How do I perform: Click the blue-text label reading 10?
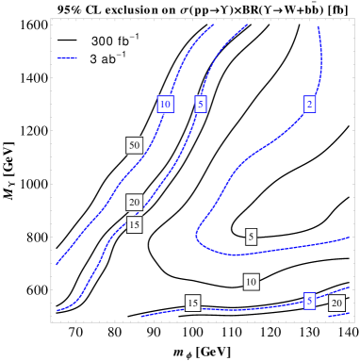pyautogui.click(x=165, y=104)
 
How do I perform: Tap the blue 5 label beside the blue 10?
pyautogui.click(x=201, y=104)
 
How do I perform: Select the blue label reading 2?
pyautogui.click(x=309, y=104)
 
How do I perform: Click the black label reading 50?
pyautogui.click(x=134, y=145)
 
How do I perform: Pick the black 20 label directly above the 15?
pyautogui.click(x=134, y=202)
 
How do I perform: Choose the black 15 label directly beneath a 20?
pyautogui.click(x=134, y=224)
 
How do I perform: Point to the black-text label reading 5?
pyautogui.click(x=251, y=237)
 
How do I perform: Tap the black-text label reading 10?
pyautogui.click(x=251, y=282)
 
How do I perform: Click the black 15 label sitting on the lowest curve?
pyautogui.click(x=192, y=303)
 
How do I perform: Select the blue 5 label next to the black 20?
pyautogui.click(x=309, y=300)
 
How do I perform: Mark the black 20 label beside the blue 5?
pyautogui.click(x=336, y=303)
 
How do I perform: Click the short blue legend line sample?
pyautogui.click(x=67, y=58)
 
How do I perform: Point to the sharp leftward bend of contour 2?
pyautogui.click(x=197, y=235)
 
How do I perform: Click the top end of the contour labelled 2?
pyautogui.click(x=318, y=27)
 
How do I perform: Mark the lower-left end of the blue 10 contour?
pyautogui.click(x=57, y=264)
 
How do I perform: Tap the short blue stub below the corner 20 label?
pyautogui.click(x=337, y=316)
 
